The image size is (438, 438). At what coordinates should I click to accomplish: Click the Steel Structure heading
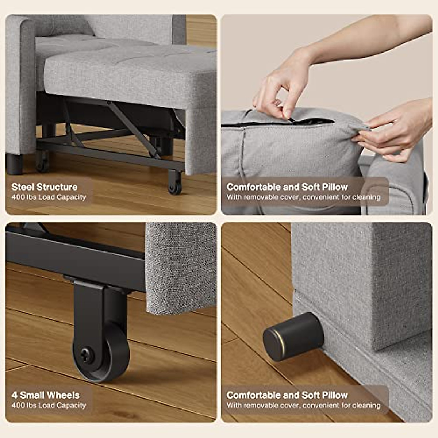coord(45,187)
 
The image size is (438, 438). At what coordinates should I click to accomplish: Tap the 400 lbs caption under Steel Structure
coord(49,197)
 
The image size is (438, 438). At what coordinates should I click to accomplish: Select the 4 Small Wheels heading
coord(45,395)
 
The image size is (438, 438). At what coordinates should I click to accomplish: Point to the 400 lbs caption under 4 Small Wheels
coord(49,406)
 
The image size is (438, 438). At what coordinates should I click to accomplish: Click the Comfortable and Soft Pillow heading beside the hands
coord(287,187)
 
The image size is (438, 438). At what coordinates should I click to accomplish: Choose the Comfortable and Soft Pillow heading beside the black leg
coord(287,395)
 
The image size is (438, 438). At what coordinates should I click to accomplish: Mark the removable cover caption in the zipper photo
coord(303,197)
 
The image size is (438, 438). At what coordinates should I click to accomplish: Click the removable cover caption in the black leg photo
coord(303,406)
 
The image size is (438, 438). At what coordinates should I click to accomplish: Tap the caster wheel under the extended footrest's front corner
coord(174,184)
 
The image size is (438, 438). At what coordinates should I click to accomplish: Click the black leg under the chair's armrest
coord(14,164)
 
